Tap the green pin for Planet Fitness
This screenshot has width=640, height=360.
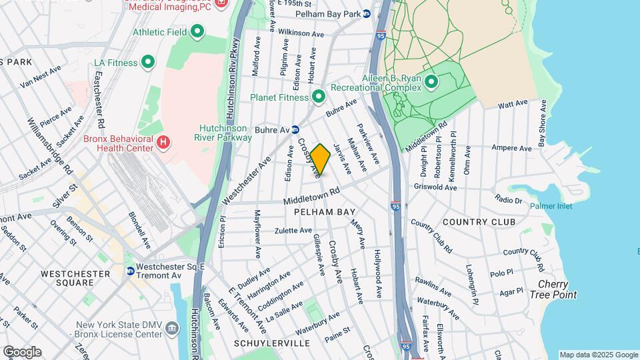point(319,97)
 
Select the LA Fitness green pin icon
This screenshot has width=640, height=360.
point(148,63)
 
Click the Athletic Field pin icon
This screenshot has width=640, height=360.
point(197,31)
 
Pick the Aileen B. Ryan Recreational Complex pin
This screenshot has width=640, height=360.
point(431,83)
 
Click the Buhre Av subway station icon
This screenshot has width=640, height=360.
point(295,129)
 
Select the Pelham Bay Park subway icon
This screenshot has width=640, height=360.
point(367,13)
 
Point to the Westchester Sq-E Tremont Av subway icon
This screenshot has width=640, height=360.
point(131,271)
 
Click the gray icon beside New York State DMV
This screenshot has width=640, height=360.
point(173,328)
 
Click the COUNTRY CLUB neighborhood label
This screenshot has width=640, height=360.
point(479,221)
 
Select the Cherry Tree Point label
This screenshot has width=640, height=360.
point(553,289)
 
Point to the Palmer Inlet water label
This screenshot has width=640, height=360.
point(551,206)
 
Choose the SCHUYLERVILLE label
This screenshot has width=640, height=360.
point(272,343)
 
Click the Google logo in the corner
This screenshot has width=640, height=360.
point(22,352)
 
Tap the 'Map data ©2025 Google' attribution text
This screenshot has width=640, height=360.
point(598,355)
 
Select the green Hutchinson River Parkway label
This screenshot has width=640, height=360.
point(225,133)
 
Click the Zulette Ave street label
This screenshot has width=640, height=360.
point(293,231)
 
